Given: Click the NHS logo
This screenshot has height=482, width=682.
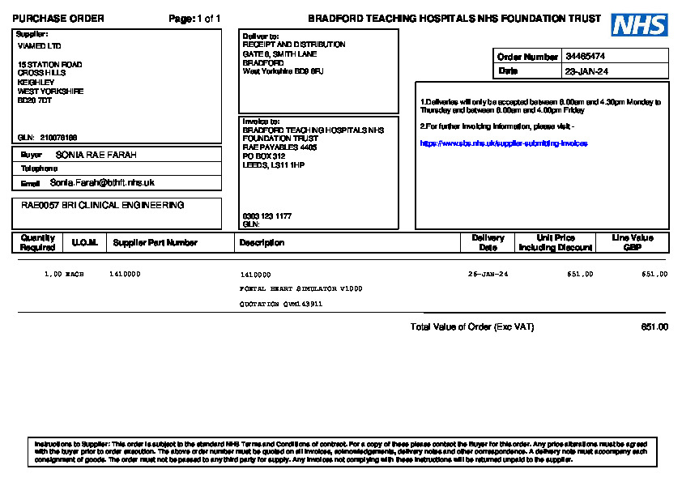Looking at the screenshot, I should point(639,25).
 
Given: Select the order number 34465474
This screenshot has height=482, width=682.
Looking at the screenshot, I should point(586,57).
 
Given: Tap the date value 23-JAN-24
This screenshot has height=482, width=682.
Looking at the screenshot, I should point(587,71).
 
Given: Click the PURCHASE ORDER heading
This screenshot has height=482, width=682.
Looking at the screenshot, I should point(58,19).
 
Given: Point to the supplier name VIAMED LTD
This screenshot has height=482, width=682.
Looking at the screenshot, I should point(39,46).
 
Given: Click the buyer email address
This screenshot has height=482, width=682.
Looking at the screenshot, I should point(102,183).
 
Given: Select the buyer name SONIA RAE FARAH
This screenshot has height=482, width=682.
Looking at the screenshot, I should point(96,154).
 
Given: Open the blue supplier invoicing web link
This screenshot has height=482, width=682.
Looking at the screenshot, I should point(503,143).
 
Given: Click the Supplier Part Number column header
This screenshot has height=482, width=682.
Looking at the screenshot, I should point(155,242).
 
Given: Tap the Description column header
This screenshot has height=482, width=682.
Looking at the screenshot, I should point(262,242).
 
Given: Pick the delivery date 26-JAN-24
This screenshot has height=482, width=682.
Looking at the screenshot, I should point(488,275).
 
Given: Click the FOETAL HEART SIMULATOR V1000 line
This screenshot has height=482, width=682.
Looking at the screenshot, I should point(301,289).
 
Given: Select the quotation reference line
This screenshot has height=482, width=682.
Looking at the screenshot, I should point(281,304).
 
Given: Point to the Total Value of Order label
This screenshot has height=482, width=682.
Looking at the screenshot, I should point(472,327).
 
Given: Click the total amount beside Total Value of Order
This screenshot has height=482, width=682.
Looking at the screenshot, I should point(654,327).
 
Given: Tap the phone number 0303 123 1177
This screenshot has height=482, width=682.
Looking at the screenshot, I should point(267,216).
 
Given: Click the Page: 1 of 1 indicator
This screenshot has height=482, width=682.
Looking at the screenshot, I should point(194,19).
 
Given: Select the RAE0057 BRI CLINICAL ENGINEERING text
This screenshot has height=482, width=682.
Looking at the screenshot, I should point(103,206).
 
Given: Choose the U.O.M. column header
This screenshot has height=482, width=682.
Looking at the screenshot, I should point(85,242).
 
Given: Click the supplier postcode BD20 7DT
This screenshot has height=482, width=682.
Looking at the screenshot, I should point(35,100).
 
